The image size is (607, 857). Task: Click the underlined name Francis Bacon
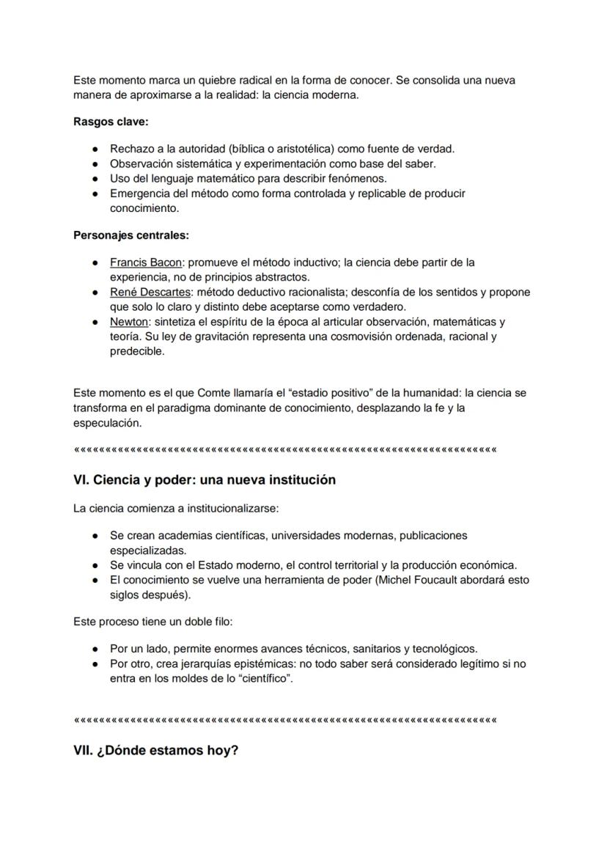point(146,262)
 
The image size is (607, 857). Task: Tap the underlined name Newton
point(130,322)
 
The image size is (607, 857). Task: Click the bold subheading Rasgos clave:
point(111,122)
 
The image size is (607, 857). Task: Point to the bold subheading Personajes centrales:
point(130,235)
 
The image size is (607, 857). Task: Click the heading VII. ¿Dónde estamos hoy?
point(156,751)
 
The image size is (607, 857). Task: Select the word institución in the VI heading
point(298,480)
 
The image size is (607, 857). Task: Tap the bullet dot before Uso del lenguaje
point(95,179)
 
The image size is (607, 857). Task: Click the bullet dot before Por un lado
point(95,649)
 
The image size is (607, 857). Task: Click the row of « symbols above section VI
point(285,449)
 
